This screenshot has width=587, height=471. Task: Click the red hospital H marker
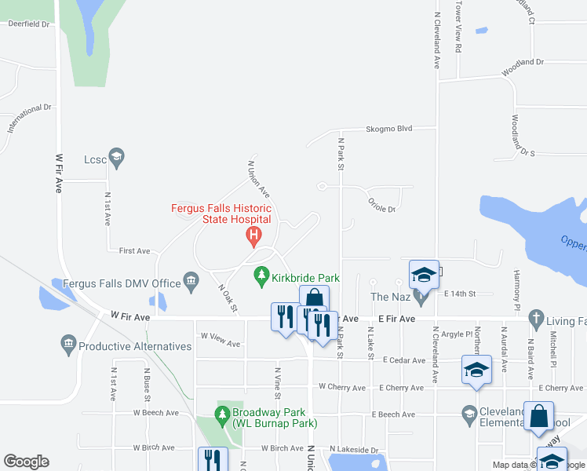(x=253, y=235)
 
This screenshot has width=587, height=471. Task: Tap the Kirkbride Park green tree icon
(x=262, y=277)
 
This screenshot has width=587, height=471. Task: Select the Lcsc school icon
(x=117, y=159)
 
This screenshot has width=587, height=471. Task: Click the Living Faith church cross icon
(x=535, y=319)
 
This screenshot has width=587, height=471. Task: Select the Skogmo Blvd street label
(x=388, y=130)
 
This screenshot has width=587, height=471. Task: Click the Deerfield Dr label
(x=28, y=24)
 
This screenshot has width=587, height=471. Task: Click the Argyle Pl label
(x=454, y=334)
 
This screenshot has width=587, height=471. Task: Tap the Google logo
(x=26, y=462)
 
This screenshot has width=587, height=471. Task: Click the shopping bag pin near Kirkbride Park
(x=314, y=298)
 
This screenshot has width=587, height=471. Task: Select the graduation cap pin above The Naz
(x=425, y=275)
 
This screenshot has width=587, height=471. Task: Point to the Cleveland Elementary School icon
(x=469, y=413)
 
